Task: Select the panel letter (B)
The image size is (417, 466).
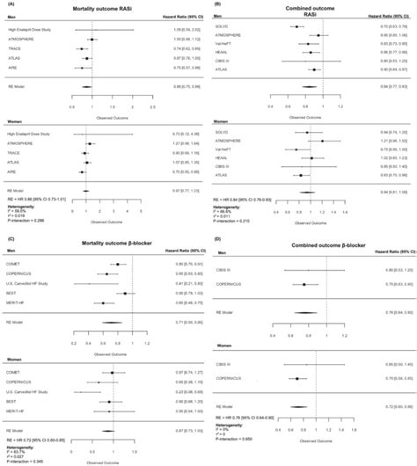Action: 217,4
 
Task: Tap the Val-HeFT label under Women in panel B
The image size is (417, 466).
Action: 235,149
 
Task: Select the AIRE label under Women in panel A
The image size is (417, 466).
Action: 13,171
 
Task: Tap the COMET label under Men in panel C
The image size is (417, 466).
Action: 17,264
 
